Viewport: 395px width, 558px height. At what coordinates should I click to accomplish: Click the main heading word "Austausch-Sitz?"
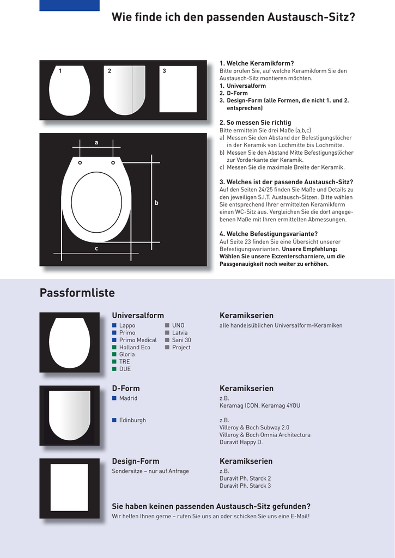click(x=311, y=17)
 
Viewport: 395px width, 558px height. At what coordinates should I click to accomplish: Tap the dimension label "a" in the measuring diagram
click(x=96, y=143)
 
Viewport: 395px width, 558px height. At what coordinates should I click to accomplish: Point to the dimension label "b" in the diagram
click(x=156, y=203)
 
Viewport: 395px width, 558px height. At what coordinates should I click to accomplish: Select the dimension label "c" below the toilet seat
click(x=96, y=248)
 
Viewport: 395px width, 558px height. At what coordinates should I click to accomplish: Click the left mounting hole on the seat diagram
click(x=80, y=162)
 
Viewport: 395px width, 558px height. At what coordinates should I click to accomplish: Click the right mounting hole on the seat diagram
click(x=113, y=162)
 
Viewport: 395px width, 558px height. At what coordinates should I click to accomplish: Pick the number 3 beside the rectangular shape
click(x=164, y=71)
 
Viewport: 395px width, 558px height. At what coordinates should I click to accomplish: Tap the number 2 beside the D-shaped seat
click(x=110, y=71)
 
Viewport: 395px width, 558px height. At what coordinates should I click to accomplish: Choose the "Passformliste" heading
click(x=77, y=293)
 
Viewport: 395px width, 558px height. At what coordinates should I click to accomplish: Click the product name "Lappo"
click(x=127, y=325)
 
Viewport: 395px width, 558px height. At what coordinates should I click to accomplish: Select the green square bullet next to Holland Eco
click(x=114, y=347)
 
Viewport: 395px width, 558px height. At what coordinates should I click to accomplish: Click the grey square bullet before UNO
click(x=167, y=325)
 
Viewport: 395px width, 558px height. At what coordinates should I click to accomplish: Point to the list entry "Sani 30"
click(x=181, y=340)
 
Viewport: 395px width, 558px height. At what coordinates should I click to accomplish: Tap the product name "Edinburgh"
click(x=132, y=420)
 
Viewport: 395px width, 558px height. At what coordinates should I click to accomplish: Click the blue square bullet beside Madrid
click(x=114, y=398)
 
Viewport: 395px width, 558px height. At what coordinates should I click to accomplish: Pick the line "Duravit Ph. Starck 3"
click(x=245, y=486)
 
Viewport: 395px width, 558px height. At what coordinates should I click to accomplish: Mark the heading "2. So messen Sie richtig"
click(x=255, y=123)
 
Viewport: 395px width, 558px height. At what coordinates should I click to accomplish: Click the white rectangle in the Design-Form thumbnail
click(x=69, y=487)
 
